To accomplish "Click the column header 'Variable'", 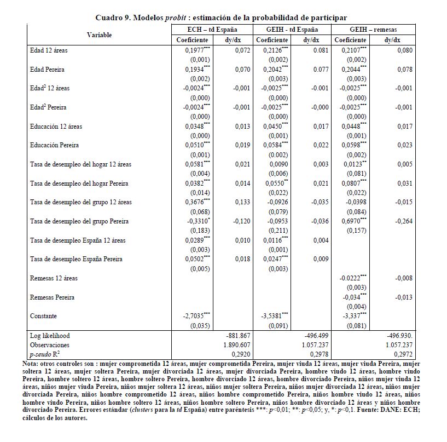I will pyautogui.click(x=99, y=35).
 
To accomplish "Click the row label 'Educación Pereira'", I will pyautogui.click(x=55, y=145).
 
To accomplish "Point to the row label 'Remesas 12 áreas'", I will pyautogui.click(x=54, y=278).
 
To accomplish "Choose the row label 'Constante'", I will pyautogui.click(x=44, y=316).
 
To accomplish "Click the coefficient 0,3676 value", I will pyautogui.click(x=198, y=202).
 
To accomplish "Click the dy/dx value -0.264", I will pyautogui.click(x=404, y=221).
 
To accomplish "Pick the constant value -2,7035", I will pyautogui.click(x=197, y=316).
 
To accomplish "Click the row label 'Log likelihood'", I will pyautogui.click(x=50, y=335).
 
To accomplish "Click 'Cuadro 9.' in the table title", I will pyautogui.click(x=110, y=18).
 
